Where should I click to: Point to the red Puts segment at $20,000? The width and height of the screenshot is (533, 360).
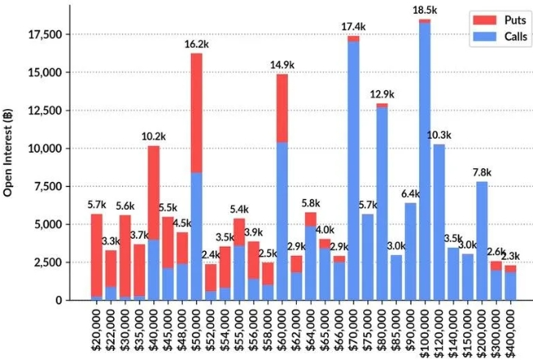click(x=97, y=255)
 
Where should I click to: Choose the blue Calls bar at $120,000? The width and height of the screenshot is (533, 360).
click(x=439, y=222)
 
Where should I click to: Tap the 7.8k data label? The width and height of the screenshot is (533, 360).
click(x=482, y=172)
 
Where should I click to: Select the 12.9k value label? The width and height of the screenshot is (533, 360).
click(x=381, y=95)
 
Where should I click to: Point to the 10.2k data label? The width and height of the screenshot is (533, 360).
click(x=154, y=136)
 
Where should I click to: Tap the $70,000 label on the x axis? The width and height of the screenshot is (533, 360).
click(x=353, y=329)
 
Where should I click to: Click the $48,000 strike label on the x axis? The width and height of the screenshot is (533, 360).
click(x=182, y=329)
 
